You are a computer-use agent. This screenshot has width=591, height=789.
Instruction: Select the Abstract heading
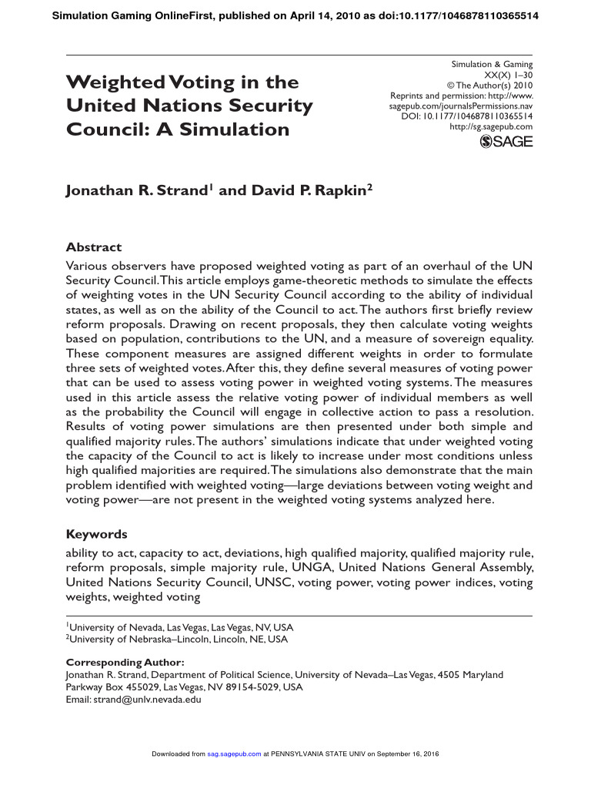[x=94, y=247]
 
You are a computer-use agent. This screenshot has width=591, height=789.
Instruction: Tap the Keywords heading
[x=96, y=534]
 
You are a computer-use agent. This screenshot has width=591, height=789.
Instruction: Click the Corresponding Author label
[x=125, y=662]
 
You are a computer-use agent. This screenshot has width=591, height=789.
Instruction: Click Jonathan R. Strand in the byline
[x=136, y=191]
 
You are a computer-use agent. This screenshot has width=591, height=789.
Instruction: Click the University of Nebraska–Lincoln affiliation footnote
[x=179, y=639]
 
